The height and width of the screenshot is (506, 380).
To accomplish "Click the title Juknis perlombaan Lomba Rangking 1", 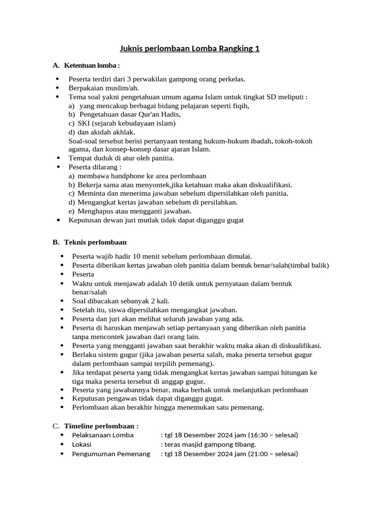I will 190,48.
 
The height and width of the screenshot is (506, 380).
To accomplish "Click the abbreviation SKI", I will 84,123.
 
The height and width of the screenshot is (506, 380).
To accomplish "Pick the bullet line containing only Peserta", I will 83,274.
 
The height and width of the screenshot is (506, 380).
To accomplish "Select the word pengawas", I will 127,398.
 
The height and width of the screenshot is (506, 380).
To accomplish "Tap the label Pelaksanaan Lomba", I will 103,435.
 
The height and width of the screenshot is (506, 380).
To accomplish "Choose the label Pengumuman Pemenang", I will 111,454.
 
